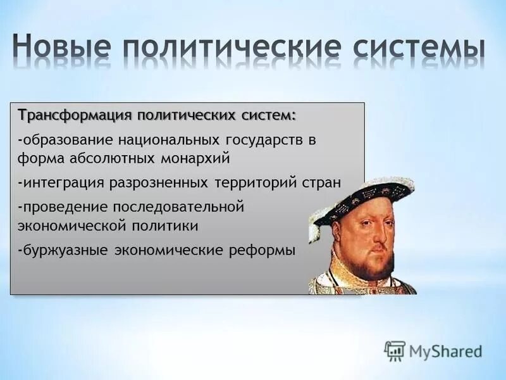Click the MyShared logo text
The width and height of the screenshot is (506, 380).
(x=445, y=351)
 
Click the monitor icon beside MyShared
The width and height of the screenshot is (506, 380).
(x=395, y=351)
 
